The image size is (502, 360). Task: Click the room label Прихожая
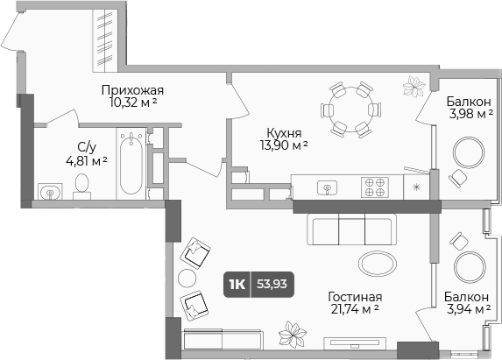pyautogui.click(x=132, y=89)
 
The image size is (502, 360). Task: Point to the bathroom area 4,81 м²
pyautogui.click(x=86, y=160)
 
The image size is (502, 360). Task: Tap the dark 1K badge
pyautogui.click(x=237, y=283)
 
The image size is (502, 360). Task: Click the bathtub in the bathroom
pyautogui.click(x=131, y=164)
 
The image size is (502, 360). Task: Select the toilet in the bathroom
pyautogui.click(x=83, y=185)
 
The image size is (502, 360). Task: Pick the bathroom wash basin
pyautogui.click(x=48, y=191)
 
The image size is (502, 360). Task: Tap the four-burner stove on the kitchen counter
pyautogui.click(x=375, y=187)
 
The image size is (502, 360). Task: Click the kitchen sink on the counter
pyautogui.click(x=329, y=187)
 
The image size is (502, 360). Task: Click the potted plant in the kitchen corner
pyautogui.click(x=414, y=85)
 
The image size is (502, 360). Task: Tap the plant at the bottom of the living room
pyautogui.click(x=291, y=335)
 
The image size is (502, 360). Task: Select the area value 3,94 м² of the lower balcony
pyautogui.click(x=461, y=310)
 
